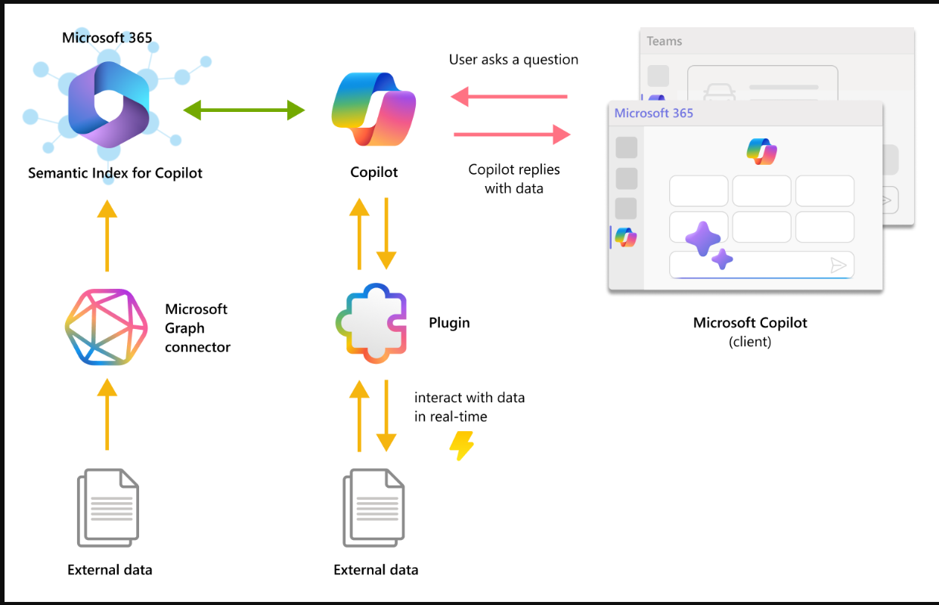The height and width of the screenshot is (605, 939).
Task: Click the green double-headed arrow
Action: [244, 110]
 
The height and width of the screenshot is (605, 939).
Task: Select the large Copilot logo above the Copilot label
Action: [373, 110]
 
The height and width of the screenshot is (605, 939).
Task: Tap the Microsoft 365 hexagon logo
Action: [109, 104]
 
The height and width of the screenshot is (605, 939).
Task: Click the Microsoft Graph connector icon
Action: [106, 327]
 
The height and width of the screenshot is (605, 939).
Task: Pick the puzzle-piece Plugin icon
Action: [371, 323]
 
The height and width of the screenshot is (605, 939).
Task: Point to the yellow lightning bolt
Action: [461, 445]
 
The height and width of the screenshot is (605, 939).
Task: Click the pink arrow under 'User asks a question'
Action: [509, 97]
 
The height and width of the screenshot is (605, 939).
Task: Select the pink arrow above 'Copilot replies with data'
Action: [512, 135]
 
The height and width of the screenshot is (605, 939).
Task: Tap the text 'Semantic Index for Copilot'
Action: [115, 173]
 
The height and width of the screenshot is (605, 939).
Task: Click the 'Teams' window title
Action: [664, 41]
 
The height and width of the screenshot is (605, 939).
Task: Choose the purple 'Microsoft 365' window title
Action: [653, 113]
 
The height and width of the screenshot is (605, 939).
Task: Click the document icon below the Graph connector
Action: [107, 507]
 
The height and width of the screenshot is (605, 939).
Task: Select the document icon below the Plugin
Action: [373, 507]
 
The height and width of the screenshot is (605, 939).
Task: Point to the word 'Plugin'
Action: [449, 323]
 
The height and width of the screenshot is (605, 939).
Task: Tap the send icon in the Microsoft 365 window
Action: [838, 265]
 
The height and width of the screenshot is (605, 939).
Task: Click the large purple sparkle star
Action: [703, 238]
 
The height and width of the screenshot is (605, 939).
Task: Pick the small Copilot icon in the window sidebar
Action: [626, 237]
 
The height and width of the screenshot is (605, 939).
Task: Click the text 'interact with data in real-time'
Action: [469, 407]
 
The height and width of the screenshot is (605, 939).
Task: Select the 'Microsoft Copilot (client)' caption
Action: [750, 332]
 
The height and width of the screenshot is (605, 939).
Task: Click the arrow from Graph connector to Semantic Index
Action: [107, 236]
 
